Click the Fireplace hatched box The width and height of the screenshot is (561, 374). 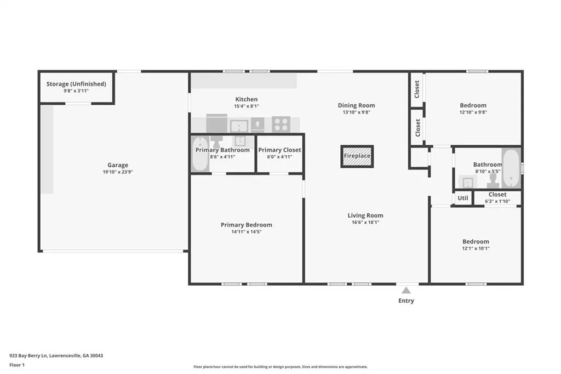[357, 156]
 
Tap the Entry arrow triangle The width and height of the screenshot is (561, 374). [406, 291]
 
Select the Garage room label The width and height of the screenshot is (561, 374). [118, 165]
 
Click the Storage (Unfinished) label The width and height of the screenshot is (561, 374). [76, 84]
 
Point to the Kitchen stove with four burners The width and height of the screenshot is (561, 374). [281, 124]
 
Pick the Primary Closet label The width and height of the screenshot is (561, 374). [280, 150]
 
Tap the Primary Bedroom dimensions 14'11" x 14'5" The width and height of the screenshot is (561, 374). [247, 232]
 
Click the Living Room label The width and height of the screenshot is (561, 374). [365, 216]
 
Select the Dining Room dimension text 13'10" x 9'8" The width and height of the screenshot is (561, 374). [356, 112]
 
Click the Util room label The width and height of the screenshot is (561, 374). [462, 198]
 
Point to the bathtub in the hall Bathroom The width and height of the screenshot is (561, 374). [511, 168]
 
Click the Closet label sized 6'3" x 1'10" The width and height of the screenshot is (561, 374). [497, 195]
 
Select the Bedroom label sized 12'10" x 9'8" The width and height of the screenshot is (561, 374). [473, 105]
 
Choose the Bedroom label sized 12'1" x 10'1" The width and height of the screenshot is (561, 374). [476, 241]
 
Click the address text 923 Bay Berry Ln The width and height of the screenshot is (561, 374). [28, 356]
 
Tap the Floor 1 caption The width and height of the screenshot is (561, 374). [17, 365]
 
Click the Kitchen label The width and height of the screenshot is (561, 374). [246, 99]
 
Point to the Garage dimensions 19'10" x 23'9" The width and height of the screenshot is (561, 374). [118, 172]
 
